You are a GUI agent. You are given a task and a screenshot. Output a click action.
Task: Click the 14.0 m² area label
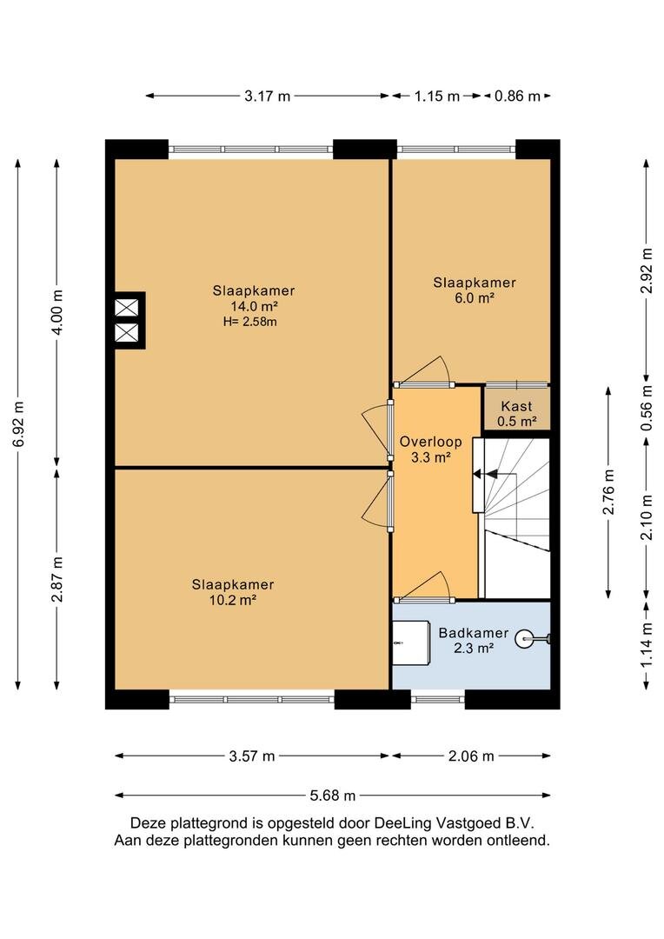coord(254,306)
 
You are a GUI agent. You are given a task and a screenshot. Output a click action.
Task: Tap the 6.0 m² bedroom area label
coord(475,297)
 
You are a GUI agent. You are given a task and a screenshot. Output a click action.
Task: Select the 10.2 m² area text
coord(233,599)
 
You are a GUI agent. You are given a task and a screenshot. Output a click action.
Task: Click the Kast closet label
coord(516,406)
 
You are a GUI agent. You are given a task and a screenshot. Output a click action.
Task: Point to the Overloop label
coord(430,442)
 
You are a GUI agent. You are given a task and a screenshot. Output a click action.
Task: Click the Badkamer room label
coord(473,633)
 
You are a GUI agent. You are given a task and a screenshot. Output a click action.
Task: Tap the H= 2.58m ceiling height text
coord(249,322)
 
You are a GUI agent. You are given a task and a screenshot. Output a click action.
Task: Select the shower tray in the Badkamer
coord(411,643)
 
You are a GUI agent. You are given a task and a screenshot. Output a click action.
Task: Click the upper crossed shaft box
coord(126,308)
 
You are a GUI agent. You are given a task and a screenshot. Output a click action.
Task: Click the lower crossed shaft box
coord(126,334)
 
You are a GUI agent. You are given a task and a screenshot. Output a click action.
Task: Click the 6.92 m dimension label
coord(18,424)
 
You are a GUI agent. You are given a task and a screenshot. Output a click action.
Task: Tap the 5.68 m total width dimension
coord(332,796)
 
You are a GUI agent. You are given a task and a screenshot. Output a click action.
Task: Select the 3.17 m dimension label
coord(267,96)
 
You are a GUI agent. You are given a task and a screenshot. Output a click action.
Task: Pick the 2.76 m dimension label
coord(608,492)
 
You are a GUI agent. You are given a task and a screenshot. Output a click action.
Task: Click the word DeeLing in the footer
coord(402,822)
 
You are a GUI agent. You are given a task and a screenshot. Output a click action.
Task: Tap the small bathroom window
coord(438,699)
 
